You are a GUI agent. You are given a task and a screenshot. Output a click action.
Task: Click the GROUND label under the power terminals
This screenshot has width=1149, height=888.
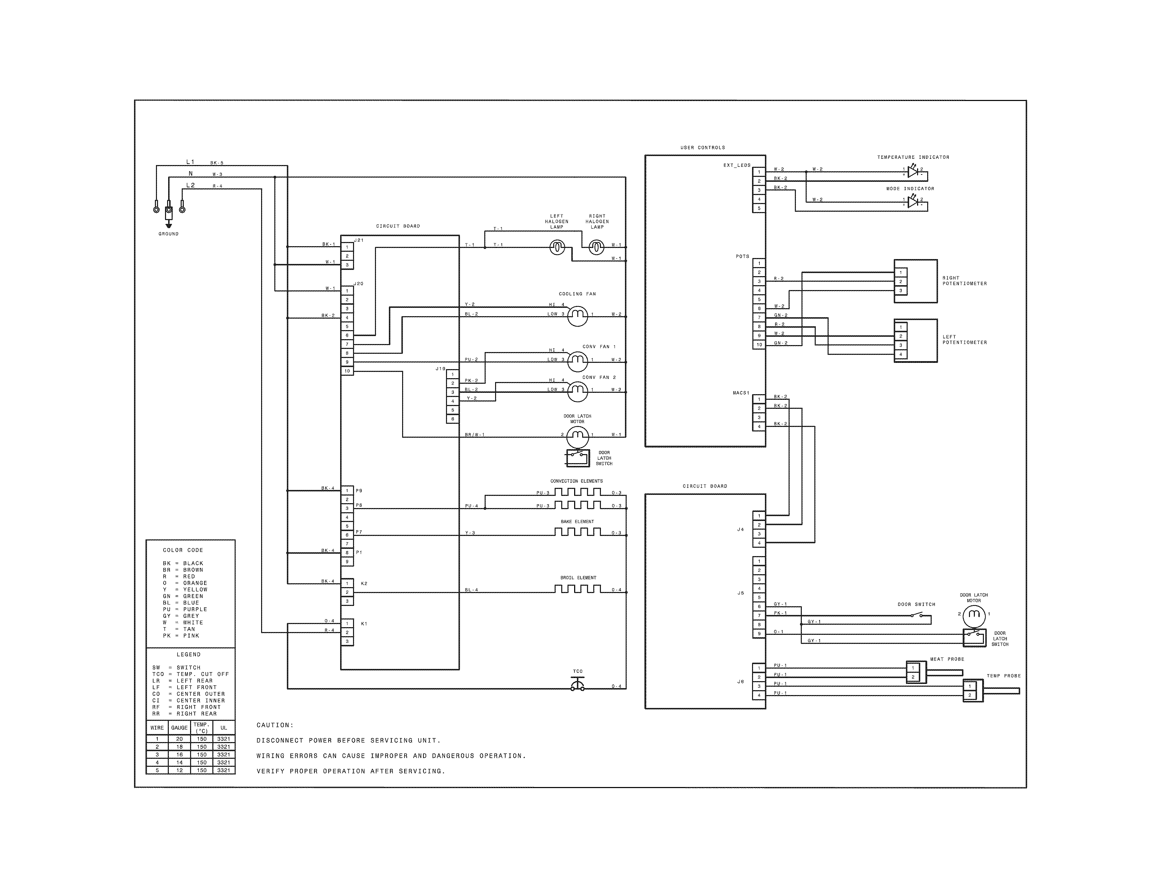pos(169,234)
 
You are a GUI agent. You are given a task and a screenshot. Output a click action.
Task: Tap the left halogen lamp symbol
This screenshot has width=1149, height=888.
pos(557,247)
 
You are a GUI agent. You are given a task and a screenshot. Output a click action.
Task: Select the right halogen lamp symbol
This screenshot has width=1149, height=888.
pos(596,247)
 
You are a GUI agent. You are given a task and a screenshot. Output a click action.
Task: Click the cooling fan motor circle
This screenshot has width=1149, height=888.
pos(578,316)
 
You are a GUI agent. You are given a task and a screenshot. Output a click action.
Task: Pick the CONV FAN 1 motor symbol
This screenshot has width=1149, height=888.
pos(578,360)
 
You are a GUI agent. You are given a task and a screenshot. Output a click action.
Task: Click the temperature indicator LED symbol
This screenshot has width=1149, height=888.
pos(913,172)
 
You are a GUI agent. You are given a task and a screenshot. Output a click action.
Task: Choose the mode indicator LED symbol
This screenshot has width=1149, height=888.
pos(913,202)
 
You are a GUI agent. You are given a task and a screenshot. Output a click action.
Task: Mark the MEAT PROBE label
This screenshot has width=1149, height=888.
pos(947,659)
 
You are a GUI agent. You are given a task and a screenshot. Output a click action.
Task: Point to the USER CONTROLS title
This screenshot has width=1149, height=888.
pos(702,148)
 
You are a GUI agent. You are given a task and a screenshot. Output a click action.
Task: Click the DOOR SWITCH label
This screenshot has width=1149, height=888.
pos(916,605)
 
